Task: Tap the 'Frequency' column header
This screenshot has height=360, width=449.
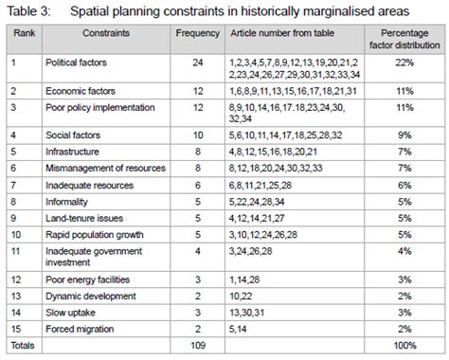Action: click(x=198, y=31)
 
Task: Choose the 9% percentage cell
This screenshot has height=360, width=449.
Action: click(x=404, y=135)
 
